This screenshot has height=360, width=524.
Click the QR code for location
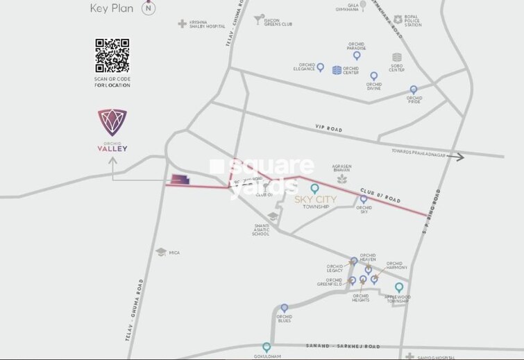[112, 55]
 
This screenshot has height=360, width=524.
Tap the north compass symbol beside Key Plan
[148, 8]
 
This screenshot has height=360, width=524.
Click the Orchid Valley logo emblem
[112, 123]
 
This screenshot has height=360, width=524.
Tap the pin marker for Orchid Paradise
[357, 55]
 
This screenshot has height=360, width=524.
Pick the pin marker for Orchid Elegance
[321, 67]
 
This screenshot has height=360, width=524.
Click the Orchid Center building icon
[337, 70]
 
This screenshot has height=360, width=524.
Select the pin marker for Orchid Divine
[373, 76]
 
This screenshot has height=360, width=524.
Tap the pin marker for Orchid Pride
[414, 89]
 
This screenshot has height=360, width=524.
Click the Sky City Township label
[316, 203]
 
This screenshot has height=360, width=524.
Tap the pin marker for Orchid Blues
[284, 307]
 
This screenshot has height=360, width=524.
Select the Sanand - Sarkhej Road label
[344, 345]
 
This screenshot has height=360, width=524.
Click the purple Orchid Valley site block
[178, 180]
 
